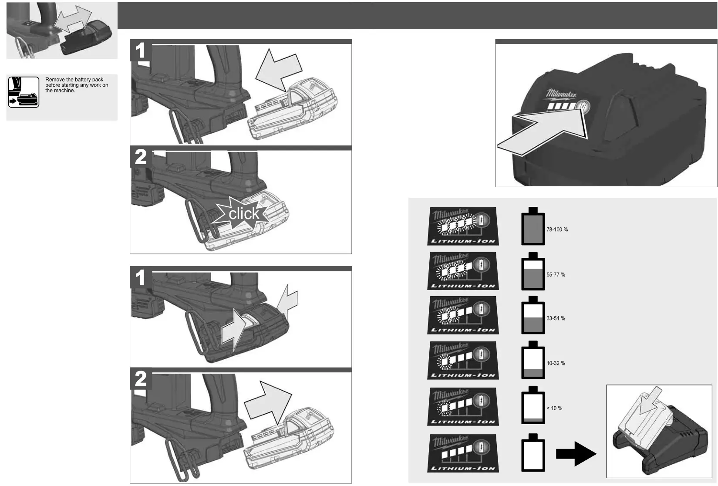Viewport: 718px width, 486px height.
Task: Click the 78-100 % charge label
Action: tap(557, 229)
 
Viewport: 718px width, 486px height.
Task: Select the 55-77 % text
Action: tap(556, 275)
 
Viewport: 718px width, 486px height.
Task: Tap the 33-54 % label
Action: tap(556, 318)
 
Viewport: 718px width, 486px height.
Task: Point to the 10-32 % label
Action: tap(556, 363)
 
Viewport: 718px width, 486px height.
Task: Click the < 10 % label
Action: tap(554, 408)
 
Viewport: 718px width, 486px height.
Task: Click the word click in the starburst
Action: tap(244, 214)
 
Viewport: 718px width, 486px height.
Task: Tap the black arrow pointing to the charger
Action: tap(576, 454)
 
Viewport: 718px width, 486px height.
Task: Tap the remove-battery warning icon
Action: tap(24, 92)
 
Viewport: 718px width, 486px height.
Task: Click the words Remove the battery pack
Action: tap(74, 80)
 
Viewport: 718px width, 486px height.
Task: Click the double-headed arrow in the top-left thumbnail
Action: tap(73, 20)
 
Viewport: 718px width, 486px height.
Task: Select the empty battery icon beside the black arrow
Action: tap(533, 452)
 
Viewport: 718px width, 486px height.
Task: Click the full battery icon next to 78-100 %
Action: tap(533, 226)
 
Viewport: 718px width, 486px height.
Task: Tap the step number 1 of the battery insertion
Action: tap(140, 51)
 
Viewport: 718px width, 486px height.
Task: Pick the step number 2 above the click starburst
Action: tap(140, 157)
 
